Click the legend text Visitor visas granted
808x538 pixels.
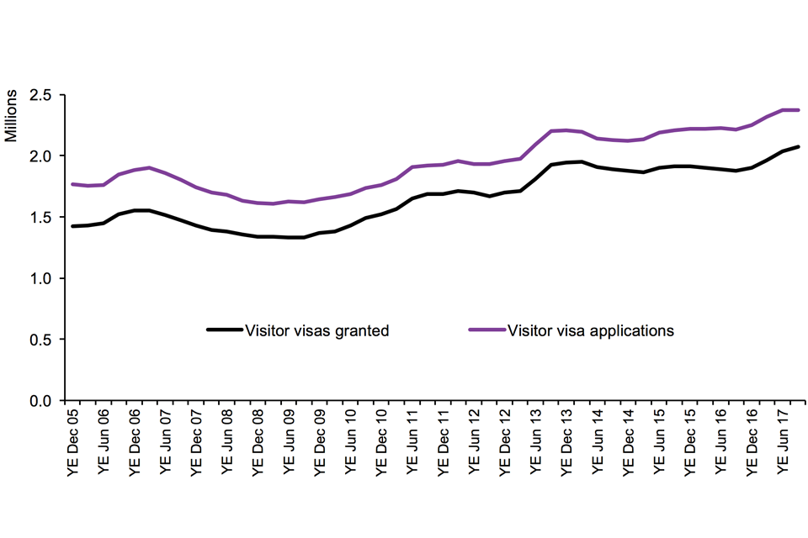point(316,330)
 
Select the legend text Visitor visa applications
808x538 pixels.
point(591,330)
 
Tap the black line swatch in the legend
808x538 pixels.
point(225,330)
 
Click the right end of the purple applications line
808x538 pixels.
point(798,110)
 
